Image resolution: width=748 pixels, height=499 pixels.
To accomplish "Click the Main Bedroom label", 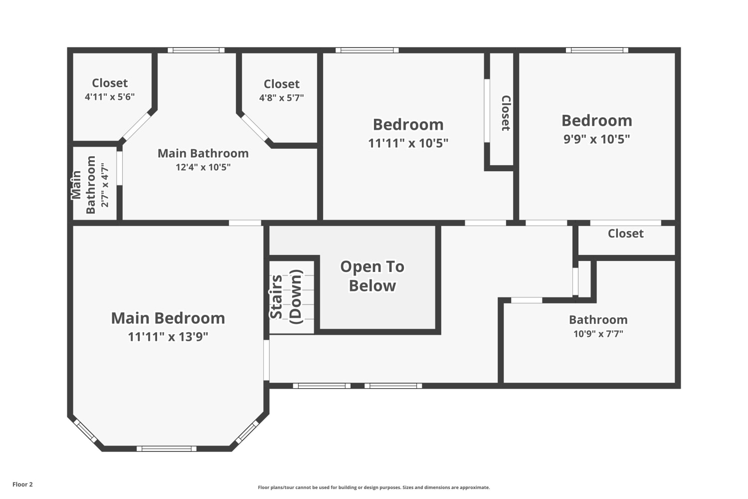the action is (x=168, y=318).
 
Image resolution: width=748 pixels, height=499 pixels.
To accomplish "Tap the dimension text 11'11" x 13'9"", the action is (x=168, y=336).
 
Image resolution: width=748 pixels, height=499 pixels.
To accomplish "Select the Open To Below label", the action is (x=373, y=276).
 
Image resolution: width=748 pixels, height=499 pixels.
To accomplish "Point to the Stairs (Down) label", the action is (x=286, y=296).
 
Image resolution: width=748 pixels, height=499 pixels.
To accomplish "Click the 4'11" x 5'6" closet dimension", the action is (x=110, y=97).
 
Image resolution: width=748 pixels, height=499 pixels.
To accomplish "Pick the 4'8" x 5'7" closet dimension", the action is (x=282, y=98).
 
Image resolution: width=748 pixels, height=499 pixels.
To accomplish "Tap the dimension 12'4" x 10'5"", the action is (x=203, y=167).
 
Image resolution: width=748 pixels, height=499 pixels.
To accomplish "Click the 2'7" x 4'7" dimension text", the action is (x=105, y=185).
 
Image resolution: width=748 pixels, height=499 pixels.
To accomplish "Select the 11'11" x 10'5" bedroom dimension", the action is (x=408, y=143).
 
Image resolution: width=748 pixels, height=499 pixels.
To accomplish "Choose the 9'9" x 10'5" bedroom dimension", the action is (x=597, y=139).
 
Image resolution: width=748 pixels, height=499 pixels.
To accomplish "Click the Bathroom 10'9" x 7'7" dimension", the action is (x=598, y=333).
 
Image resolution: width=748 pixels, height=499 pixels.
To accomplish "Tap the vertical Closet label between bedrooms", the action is (x=506, y=113).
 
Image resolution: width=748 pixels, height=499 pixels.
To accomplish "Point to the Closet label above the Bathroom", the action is (x=625, y=234).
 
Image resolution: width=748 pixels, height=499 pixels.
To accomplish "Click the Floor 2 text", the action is (x=23, y=485).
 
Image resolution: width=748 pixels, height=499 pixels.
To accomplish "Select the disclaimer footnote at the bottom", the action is (x=374, y=488).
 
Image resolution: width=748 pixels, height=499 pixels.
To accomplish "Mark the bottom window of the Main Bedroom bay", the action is (x=166, y=449).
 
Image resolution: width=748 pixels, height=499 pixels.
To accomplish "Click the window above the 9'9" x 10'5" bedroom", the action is (x=597, y=50).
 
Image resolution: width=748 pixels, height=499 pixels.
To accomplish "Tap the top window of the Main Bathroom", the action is (x=196, y=50).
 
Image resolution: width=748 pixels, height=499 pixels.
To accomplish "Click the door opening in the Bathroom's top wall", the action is (x=527, y=300).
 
